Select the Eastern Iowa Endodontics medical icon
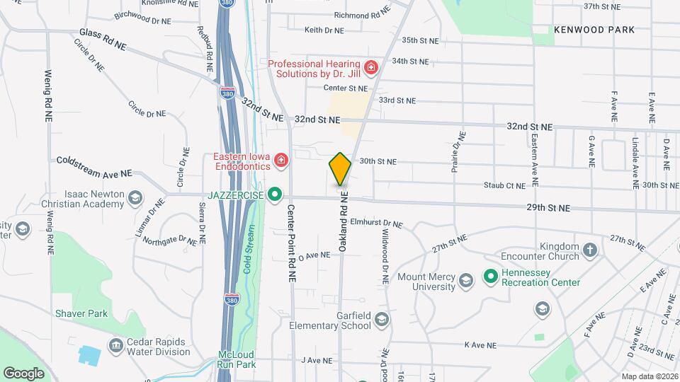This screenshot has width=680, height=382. point(281,161)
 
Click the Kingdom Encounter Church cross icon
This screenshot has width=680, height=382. point(590,250)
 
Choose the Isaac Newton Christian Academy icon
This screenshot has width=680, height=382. point(135,199)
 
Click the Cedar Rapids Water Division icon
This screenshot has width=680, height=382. point(115,345)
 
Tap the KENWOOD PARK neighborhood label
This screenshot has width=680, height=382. point(594,30)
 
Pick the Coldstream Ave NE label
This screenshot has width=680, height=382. point(94,167)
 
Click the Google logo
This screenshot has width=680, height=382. point(23,374)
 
